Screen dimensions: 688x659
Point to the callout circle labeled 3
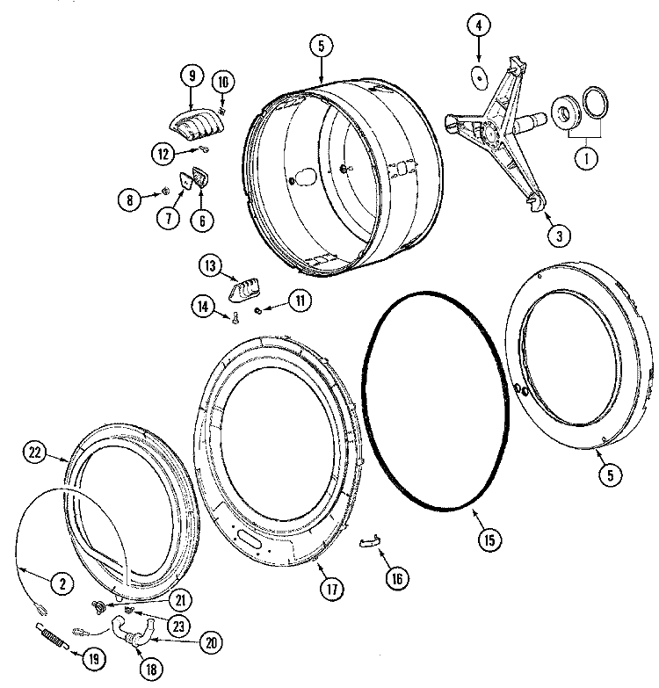(x=557, y=235)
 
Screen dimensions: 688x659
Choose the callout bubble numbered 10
(x=222, y=82)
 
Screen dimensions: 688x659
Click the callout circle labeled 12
(x=163, y=154)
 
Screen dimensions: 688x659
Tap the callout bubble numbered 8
(x=130, y=199)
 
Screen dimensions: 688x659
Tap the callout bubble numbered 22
(x=33, y=453)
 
